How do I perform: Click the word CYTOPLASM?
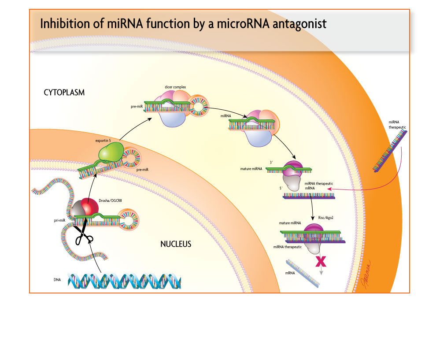pyautogui.click(x=64, y=93)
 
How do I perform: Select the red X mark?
pyautogui.click(x=320, y=261)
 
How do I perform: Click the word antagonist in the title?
pyautogui.click(x=299, y=24)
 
